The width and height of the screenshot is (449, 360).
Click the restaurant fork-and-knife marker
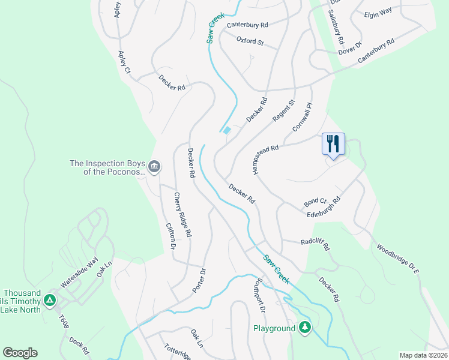coord(333,144)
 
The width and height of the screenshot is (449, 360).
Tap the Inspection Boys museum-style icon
coord(154,166)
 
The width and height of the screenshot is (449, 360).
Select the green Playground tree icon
coord(306,328)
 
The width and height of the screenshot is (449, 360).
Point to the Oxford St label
coord(250,41)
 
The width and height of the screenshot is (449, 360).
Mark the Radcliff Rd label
coord(315,243)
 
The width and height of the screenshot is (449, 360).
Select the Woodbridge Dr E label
coord(397,259)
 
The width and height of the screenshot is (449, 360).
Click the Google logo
coord(20,353)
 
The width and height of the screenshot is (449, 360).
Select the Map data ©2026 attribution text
coord(423,355)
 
